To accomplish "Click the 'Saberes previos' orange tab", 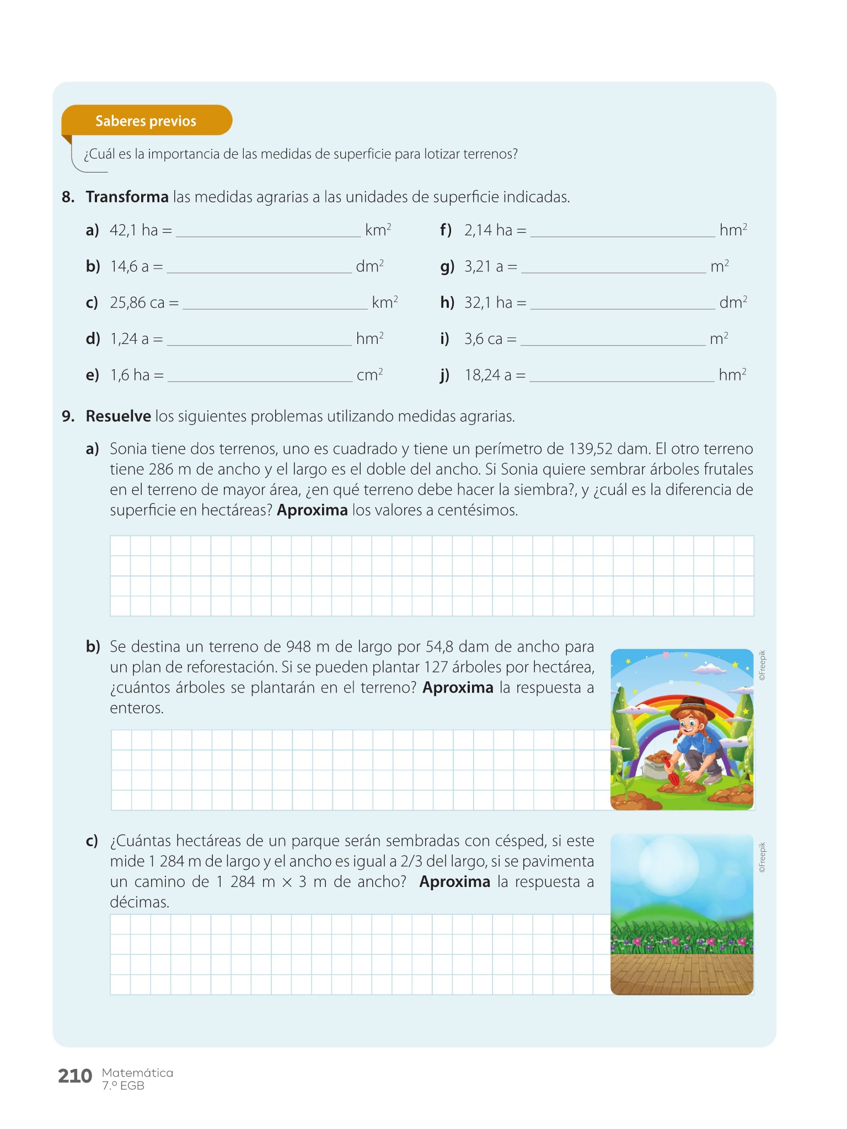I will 146,121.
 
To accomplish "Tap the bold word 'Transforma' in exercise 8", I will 127,197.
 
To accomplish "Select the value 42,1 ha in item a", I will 134,230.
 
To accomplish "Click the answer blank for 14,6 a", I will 259,268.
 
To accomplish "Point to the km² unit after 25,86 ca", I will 384,303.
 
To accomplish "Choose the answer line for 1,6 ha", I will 260,377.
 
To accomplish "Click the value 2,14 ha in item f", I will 488,230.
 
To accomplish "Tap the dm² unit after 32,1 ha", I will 733,303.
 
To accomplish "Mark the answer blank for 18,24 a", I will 621,377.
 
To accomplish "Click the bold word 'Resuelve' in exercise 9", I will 118,416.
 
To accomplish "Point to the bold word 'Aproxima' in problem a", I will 312,510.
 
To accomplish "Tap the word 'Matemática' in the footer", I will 137,1073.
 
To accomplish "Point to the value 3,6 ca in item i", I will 483,339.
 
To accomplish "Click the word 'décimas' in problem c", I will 139,902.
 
